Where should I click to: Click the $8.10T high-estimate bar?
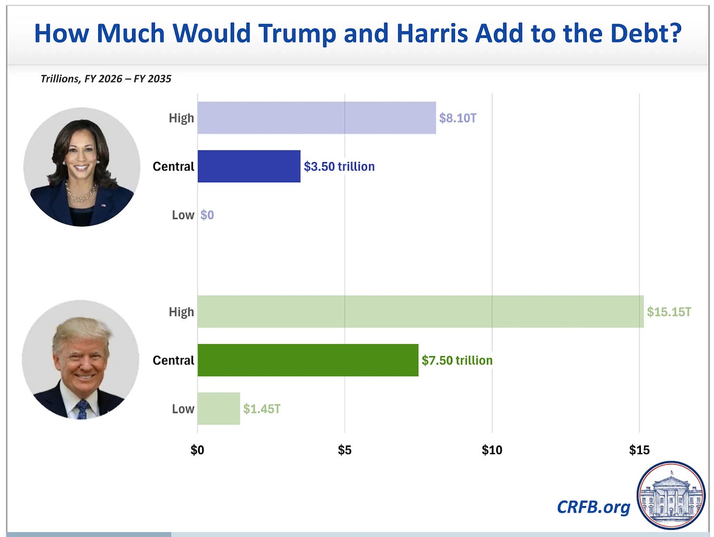point(316,118)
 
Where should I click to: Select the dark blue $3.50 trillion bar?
point(249,166)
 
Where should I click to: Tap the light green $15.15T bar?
point(420,311)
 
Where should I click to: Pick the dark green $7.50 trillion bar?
point(308,360)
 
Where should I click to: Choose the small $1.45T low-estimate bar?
point(219,409)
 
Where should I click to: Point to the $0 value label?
point(207,215)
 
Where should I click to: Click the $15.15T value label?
point(669,312)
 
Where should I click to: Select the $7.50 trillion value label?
point(457,360)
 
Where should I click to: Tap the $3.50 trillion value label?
point(339,167)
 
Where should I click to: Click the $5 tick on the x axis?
point(345,450)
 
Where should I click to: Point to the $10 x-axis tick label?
point(492,450)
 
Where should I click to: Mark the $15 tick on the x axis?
point(639,450)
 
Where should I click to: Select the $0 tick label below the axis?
point(197,450)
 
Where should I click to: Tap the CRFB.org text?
point(593,507)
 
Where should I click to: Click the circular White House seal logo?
point(671,495)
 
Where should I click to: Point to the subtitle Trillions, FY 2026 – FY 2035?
point(106,79)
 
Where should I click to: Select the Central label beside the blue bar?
point(174,167)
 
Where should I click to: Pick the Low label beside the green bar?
point(183,409)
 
